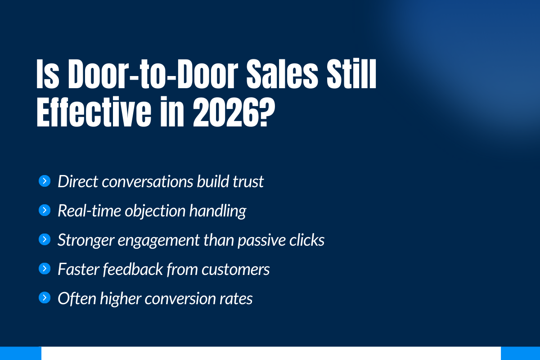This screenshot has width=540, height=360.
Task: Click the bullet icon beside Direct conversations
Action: pyautogui.click(x=45, y=181)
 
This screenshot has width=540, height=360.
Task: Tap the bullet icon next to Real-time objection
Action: pyautogui.click(x=45, y=210)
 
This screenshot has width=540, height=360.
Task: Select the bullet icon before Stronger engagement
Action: pyautogui.click(x=45, y=239)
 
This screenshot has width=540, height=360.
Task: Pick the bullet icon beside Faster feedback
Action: pyautogui.click(x=45, y=269)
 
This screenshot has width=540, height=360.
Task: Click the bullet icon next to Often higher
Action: pyautogui.click(x=45, y=298)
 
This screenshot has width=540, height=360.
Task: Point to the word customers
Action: pyautogui.click(x=235, y=269)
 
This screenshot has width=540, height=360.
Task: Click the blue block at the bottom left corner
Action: pyautogui.click(x=20, y=353)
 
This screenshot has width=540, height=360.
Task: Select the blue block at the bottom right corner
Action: pyautogui.click(x=520, y=353)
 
